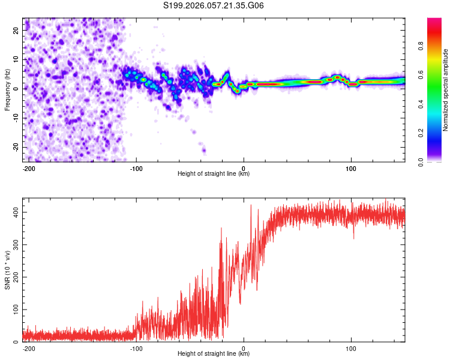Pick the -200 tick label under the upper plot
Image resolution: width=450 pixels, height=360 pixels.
tap(28, 168)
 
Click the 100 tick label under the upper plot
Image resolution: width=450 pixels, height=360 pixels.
tap(351, 168)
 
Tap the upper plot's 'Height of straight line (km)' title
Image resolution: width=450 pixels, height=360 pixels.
tap(214, 174)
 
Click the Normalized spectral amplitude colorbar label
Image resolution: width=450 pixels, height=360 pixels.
tap(446, 90)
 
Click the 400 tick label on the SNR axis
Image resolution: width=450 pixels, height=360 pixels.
tap(14, 212)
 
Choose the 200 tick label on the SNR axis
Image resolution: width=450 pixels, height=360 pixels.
tap(14, 277)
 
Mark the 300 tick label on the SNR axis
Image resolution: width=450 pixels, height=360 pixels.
tap(14, 245)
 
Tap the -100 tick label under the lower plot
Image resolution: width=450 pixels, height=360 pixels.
tap(136, 348)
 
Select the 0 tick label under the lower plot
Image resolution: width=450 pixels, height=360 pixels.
tap(244, 348)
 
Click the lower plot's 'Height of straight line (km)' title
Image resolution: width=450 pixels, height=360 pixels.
tap(214, 354)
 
